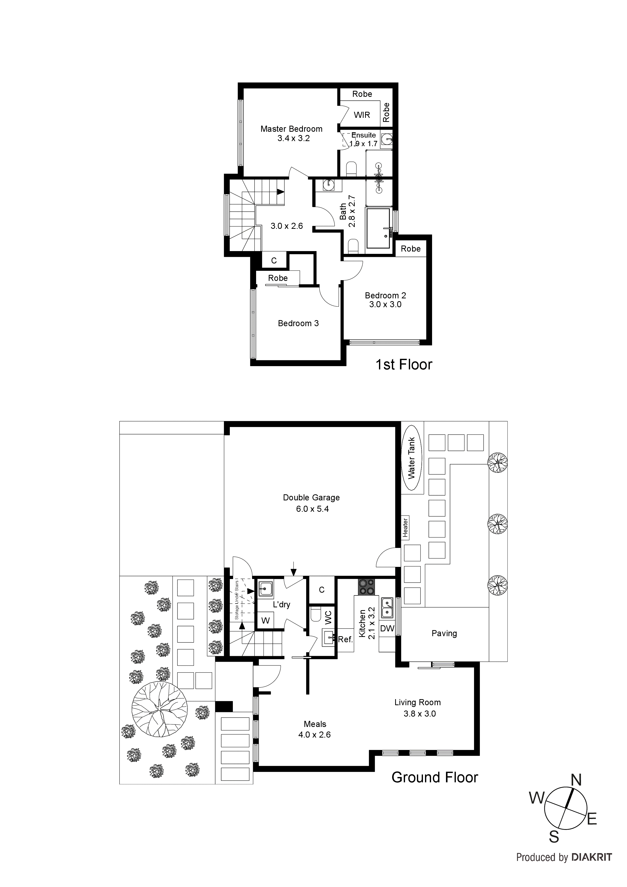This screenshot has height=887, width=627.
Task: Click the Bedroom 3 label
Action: click(x=298, y=323)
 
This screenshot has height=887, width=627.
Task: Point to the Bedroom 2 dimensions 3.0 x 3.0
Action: click(x=385, y=304)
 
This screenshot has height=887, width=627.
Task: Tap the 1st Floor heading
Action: click(x=404, y=364)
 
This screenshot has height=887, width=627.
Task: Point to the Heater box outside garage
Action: click(x=405, y=527)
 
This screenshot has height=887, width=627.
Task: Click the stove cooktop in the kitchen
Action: click(x=366, y=587)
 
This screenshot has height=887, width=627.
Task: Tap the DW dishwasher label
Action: click(x=387, y=629)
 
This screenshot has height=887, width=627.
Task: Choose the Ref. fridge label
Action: click(x=345, y=639)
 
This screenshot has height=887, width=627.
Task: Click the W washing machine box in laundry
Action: click(x=265, y=621)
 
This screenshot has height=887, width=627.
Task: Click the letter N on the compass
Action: click(x=576, y=780)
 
